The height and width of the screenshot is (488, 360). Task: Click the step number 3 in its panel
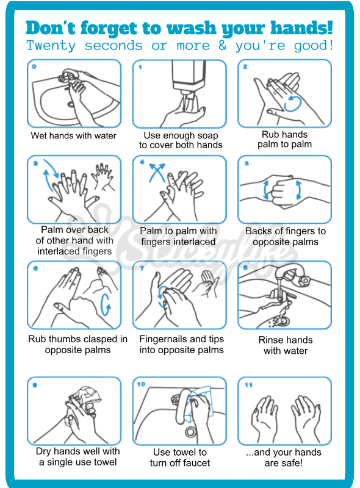click(35, 163)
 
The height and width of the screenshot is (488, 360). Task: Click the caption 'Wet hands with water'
click(74, 135)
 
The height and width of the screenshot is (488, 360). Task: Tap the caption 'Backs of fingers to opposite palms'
click(286, 236)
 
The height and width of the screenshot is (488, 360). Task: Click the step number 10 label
click(141, 384)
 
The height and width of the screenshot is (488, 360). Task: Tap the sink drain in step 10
click(190, 432)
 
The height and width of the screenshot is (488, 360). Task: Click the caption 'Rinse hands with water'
click(286, 345)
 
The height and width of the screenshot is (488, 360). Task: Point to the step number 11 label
click(247, 384)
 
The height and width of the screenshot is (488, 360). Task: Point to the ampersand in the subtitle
click(222, 46)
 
